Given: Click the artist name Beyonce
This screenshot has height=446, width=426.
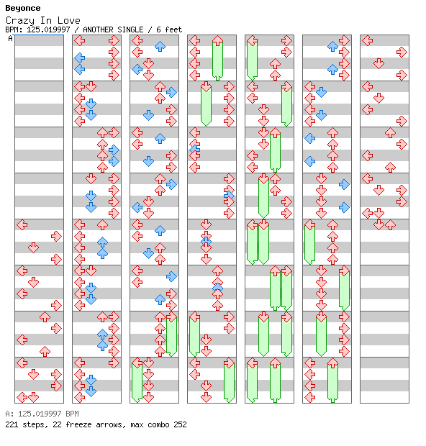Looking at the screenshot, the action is point(23,8).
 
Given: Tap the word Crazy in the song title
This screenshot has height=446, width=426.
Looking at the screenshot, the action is point(20,20).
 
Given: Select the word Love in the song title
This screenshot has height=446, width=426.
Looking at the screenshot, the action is point(69,20).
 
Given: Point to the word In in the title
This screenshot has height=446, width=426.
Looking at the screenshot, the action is point(46,20).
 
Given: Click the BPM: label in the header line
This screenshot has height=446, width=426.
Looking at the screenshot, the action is point(14,29).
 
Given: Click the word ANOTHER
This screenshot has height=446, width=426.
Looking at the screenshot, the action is point(98,29).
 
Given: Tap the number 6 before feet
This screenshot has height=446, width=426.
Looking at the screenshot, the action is point(158,29).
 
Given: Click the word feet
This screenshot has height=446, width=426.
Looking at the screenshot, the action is point(173,29).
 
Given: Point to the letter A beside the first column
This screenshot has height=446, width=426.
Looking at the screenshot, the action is point(11,38).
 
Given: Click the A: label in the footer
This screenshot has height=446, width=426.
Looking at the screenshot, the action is point(9,414).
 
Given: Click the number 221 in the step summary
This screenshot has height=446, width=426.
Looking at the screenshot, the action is point(12,424).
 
